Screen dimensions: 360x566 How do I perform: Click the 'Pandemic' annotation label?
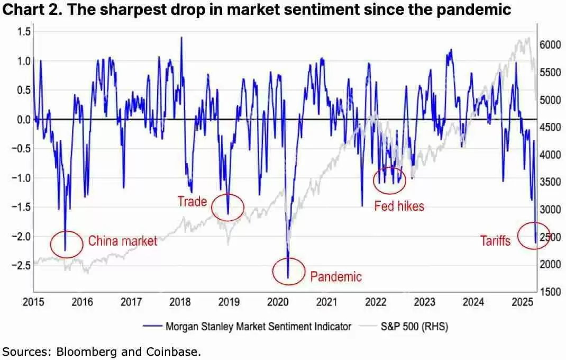click(336, 276)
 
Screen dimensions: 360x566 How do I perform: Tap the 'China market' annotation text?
click(122, 241)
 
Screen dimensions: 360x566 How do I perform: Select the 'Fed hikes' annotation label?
click(399, 206)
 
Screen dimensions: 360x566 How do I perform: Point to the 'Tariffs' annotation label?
click(495, 241)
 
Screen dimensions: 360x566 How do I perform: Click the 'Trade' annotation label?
click(192, 201)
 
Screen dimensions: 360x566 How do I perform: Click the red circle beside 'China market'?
click(67, 244)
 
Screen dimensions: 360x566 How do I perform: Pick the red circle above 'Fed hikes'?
click(390, 181)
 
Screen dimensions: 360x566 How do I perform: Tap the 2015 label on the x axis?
click(33, 302)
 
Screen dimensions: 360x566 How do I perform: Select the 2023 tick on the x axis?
click(425, 302)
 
